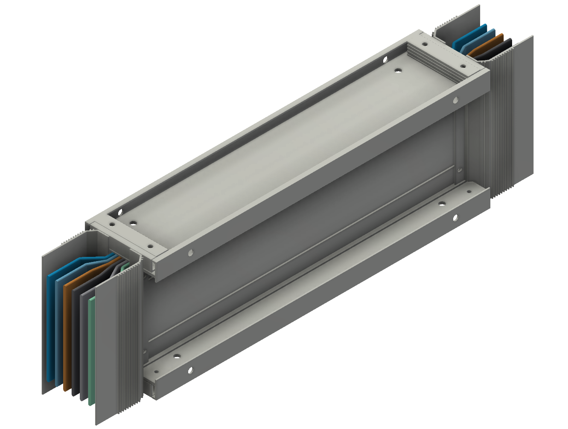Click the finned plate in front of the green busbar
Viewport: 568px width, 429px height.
(117, 341)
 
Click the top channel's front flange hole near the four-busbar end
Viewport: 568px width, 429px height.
(456, 101)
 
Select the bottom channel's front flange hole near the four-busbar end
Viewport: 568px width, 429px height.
(456, 218)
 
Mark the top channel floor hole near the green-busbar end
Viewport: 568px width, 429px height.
(134, 222)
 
